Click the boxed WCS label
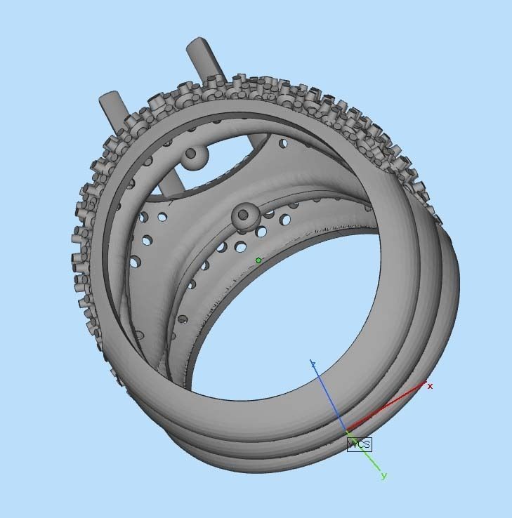click(x=359, y=444)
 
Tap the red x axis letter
click(x=430, y=386)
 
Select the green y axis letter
click(x=383, y=476)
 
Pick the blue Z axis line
click(x=329, y=396)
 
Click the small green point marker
click(x=258, y=260)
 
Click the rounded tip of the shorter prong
click(x=109, y=97)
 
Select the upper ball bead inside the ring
click(x=194, y=158)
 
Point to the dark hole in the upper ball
click(x=190, y=154)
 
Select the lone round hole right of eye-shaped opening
click(x=283, y=144)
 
